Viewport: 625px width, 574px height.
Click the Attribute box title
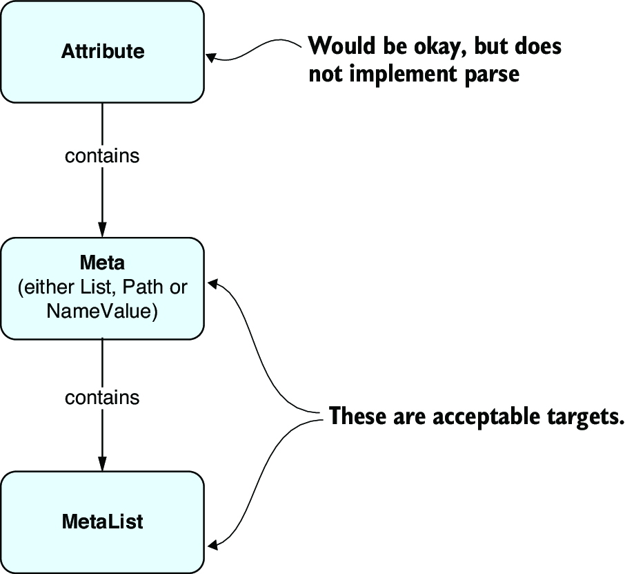click(x=103, y=52)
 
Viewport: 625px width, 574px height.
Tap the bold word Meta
click(x=102, y=262)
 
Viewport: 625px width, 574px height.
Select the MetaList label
click(x=102, y=522)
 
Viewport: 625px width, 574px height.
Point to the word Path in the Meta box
click(x=143, y=287)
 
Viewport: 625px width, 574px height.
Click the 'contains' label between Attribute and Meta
click(x=102, y=155)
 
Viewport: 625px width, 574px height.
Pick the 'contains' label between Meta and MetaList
click(x=102, y=398)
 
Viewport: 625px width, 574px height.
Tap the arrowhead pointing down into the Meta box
click(x=102, y=229)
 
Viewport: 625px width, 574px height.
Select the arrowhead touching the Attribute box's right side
click(x=211, y=57)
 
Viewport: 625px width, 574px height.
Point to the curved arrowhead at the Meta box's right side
click(x=212, y=283)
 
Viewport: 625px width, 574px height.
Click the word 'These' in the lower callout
click(x=357, y=416)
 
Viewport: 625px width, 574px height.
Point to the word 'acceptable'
click(x=486, y=417)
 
